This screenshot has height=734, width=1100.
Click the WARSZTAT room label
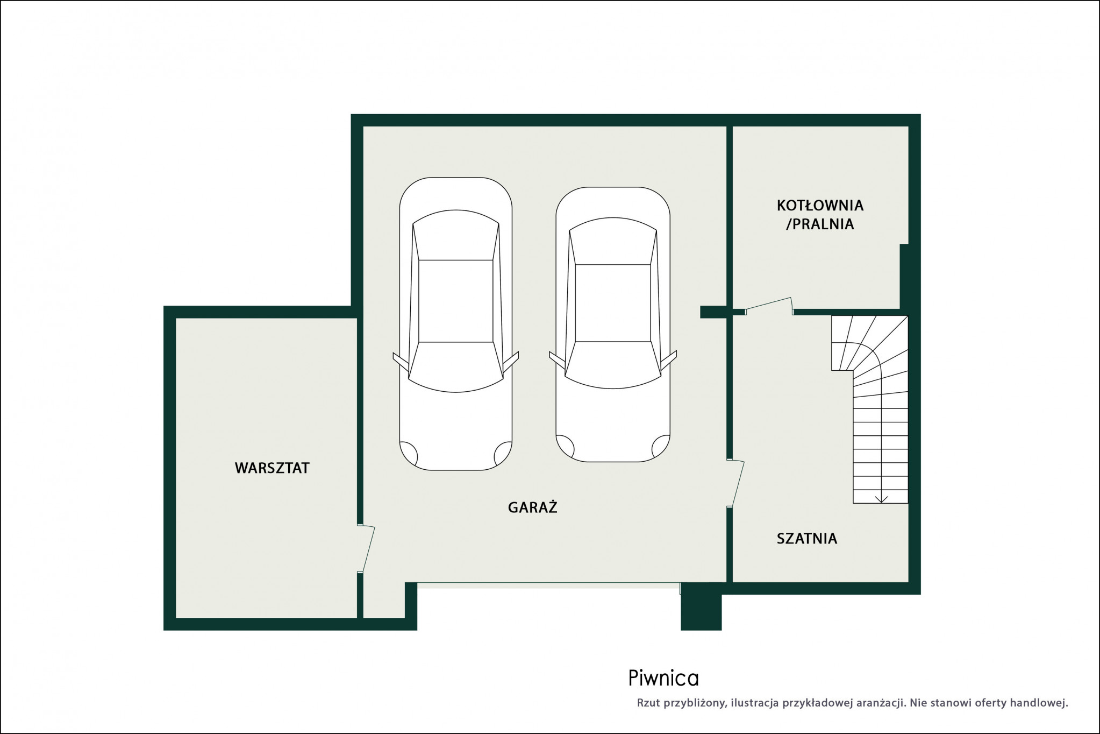tap(272, 468)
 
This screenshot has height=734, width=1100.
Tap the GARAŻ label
tap(532, 507)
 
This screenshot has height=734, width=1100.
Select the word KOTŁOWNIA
tap(820, 205)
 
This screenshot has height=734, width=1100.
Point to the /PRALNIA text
tap(820, 224)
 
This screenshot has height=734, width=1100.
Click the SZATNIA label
tap(807, 539)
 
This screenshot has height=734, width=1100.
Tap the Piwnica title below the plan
tap(663, 679)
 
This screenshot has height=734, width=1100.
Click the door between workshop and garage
tap(366, 548)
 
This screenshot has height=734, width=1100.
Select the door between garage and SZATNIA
tap(735, 483)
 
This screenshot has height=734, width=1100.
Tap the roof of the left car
tap(456, 301)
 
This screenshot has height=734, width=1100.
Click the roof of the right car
tap(613, 303)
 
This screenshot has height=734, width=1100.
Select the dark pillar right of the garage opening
tap(701, 606)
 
